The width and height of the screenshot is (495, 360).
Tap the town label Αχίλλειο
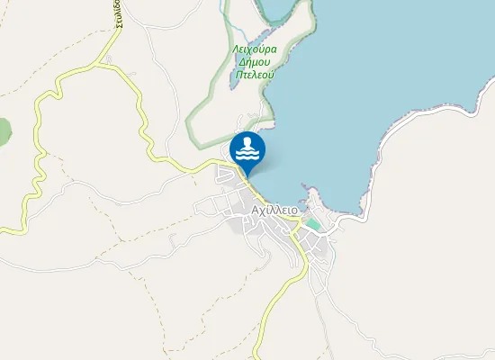(275, 209)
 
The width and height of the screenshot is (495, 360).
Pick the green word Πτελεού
(254, 76)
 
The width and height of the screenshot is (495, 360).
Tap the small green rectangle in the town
(312, 222)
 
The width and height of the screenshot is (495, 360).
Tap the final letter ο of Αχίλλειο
(294, 209)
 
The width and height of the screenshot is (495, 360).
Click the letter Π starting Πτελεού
(237, 76)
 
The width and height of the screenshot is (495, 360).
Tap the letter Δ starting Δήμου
(238, 63)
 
